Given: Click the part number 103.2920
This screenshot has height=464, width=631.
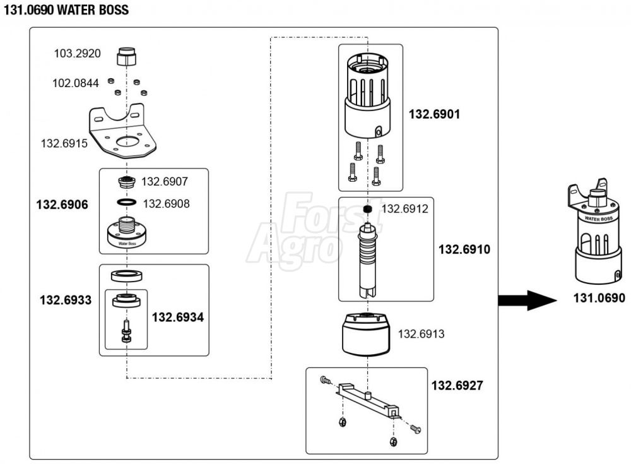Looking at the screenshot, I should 77,54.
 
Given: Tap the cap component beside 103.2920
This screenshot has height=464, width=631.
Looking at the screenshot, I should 127,57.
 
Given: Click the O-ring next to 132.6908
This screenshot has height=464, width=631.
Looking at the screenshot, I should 126,202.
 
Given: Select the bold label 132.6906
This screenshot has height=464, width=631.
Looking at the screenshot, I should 62,205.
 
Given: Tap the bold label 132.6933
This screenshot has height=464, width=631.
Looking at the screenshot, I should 66,300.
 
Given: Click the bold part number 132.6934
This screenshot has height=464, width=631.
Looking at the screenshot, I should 178,317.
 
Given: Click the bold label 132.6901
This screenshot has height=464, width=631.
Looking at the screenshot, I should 434,114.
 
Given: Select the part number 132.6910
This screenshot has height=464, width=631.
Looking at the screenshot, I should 464,249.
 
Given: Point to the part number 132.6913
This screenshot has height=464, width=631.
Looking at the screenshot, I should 421,334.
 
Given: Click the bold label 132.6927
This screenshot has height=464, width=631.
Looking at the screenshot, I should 457,385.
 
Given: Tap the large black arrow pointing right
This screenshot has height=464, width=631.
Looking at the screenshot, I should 528,300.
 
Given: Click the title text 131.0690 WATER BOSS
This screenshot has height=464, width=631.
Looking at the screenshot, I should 66,10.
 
